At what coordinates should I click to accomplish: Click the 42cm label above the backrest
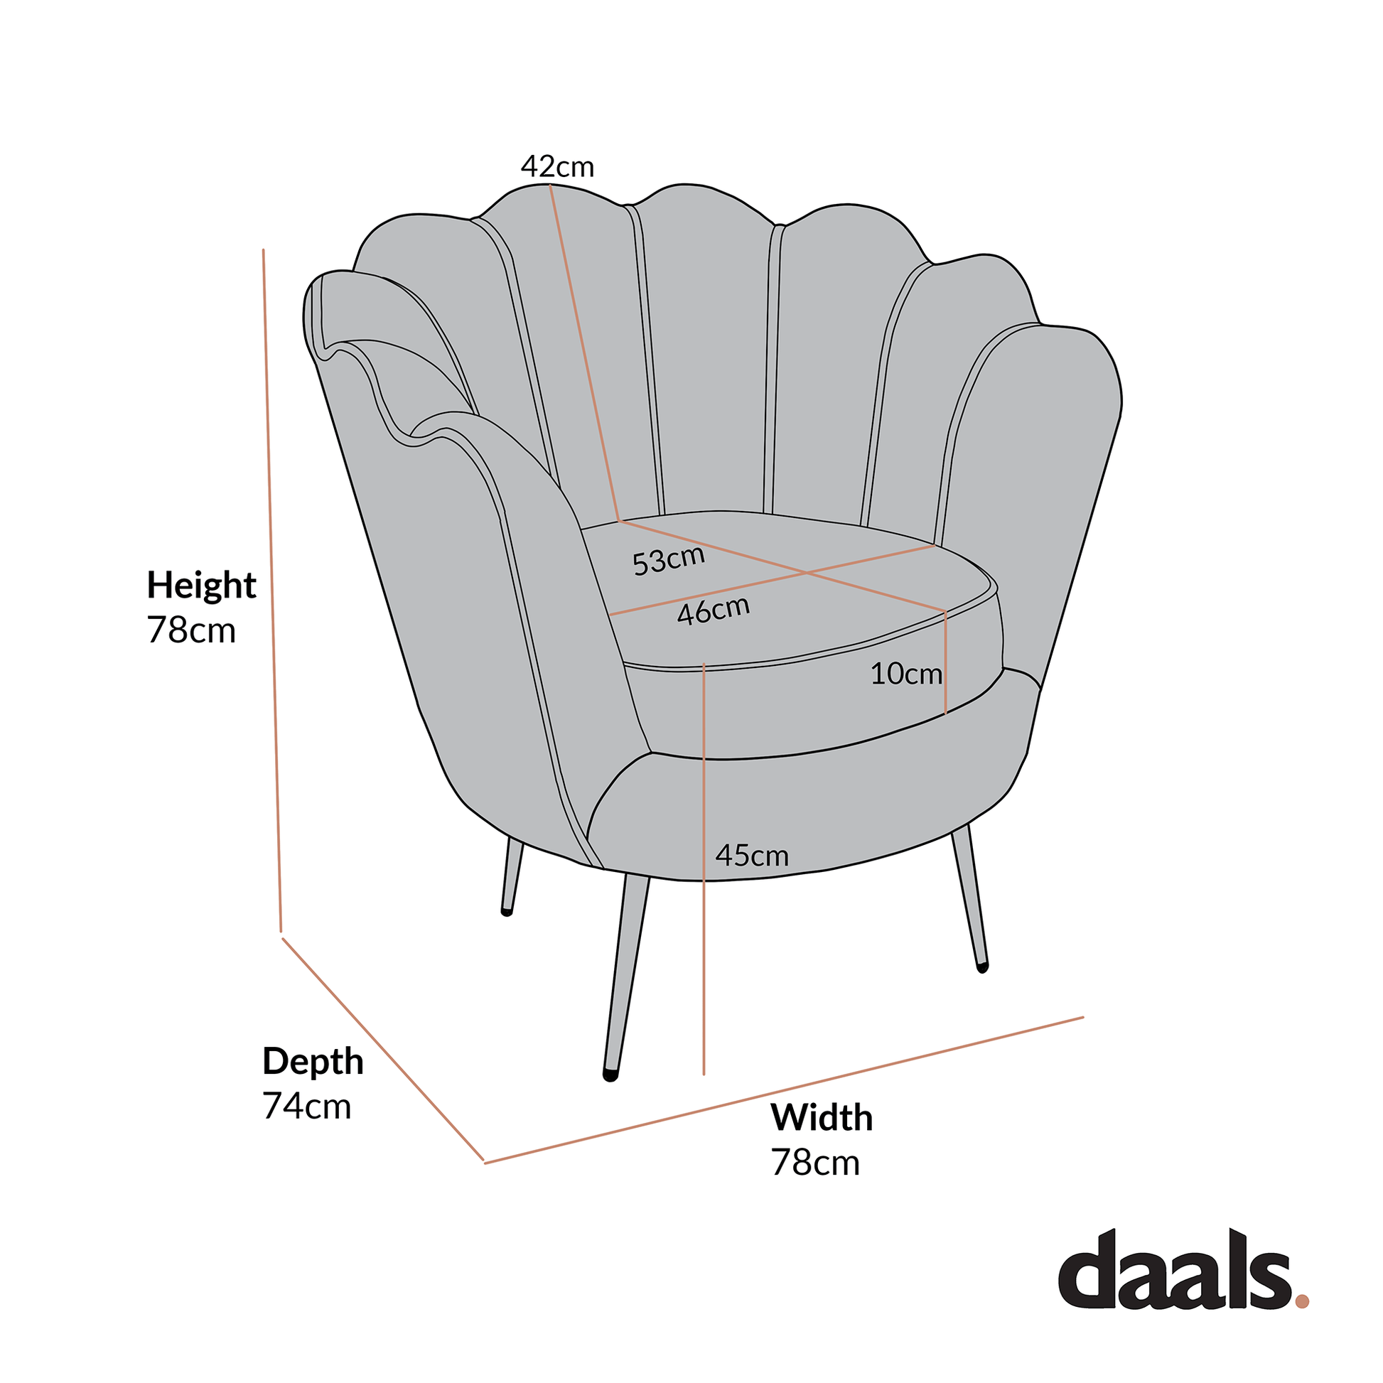coord(558,167)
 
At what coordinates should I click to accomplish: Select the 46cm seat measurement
coord(714,610)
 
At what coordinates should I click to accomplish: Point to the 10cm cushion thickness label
coord(906,674)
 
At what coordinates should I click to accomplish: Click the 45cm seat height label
coord(752,856)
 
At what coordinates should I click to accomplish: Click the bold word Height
coord(201,586)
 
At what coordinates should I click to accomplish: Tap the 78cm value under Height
coord(191,630)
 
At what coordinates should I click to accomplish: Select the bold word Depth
coord(313,1061)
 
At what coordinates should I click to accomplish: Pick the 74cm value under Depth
coord(306,1106)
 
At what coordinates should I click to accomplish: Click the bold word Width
coord(821,1117)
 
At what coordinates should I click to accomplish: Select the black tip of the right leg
coord(983,968)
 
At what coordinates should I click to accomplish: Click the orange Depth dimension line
coord(383,1049)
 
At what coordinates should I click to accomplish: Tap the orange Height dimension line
coord(272,591)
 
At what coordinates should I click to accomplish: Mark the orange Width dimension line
coord(784,1089)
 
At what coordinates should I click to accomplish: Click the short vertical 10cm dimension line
coord(946,662)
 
